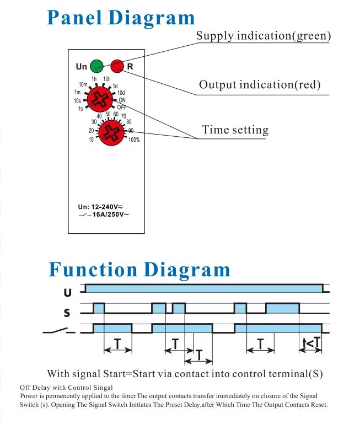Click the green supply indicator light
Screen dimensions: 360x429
tap(96, 66)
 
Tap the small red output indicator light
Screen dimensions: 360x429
tap(117, 66)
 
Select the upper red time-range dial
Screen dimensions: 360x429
tap(100, 99)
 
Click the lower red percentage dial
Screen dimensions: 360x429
tap(111, 133)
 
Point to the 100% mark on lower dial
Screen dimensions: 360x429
tap(134, 140)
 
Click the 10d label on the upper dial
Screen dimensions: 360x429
tap(121, 93)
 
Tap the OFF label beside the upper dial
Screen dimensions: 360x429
tap(121, 107)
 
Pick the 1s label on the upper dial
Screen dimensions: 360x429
tap(80, 109)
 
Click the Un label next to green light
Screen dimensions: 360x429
tap(81, 67)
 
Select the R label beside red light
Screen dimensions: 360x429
tap(130, 67)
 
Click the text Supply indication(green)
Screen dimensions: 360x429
tap(264, 36)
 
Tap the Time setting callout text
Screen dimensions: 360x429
tap(235, 130)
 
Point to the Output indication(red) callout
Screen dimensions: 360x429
tap(260, 85)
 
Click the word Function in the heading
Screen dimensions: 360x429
tap(93, 269)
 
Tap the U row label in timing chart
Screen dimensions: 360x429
tap(68, 293)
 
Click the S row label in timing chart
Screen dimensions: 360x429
tap(67, 313)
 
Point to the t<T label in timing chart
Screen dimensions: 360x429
tap(311, 343)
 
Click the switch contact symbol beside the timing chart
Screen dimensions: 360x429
tap(59, 330)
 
